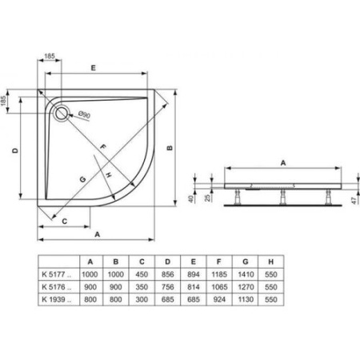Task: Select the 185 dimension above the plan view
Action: [x=50, y=57]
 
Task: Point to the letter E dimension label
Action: [x=94, y=70]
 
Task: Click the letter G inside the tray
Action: [x=82, y=180]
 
